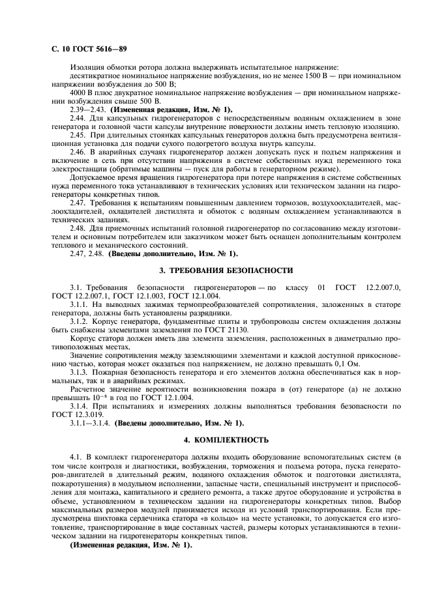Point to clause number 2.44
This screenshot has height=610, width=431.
78,119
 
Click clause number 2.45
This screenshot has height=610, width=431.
78,135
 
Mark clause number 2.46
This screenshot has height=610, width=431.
78,152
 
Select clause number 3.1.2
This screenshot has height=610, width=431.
80,321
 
